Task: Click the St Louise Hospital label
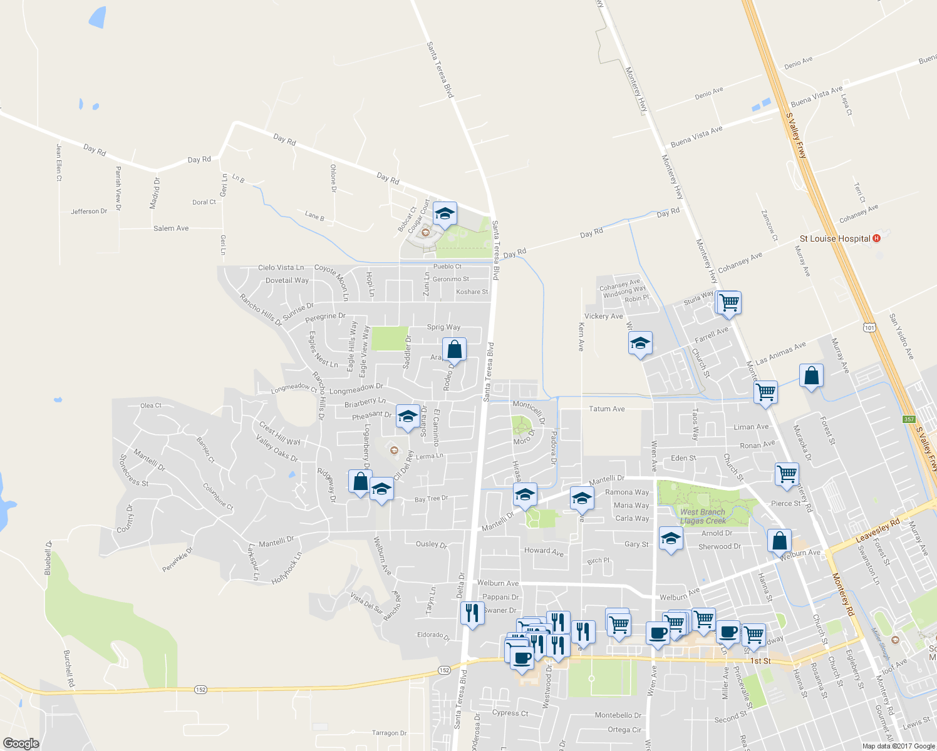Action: (x=835, y=238)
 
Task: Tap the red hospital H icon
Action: (x=876, y=238)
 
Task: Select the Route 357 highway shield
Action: (x=909, y=419)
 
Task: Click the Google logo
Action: (x=21, y=743)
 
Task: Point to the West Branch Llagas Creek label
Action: (x=703, y=516)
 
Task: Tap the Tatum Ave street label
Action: (x=606, y=409)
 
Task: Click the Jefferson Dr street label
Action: (x=89, y=212)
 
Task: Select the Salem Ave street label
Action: (x=171, y=228)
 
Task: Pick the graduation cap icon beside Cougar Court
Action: (x=445, y=214)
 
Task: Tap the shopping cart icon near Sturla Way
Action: (x=729, y=304)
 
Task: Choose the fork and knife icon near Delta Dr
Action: (x=472, y=613)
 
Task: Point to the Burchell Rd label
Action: (x=68, y=669)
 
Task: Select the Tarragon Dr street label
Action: (x=389, y=733)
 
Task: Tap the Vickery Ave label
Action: (x=604, y=316)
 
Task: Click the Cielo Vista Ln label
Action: (x=281, y=267)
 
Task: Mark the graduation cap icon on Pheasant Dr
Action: (x=408, y=417)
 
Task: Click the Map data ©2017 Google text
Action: (x=898, y=746)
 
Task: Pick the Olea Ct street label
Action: (x=151, y=406)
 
